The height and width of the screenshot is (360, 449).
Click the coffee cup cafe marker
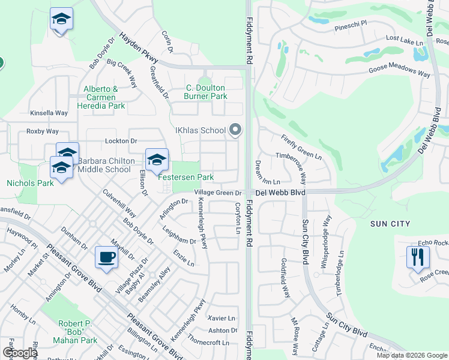point(107,257)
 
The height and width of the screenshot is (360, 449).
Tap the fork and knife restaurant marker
point(418,257)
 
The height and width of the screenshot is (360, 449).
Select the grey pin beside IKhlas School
point(235,130)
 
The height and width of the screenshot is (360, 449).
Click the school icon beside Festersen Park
point(157,160)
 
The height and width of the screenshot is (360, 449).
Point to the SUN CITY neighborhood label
point(390,224)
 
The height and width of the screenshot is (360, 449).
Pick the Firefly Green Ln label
point(301,147)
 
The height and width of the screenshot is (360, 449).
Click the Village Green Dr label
point(217,193)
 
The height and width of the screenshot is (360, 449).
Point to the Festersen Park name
point(185,178)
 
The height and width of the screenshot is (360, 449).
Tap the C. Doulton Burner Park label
point(205,92)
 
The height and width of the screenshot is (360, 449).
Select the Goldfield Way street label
point(286,277)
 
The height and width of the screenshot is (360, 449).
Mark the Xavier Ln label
point(221,318)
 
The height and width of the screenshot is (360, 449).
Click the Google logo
point(20,353)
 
